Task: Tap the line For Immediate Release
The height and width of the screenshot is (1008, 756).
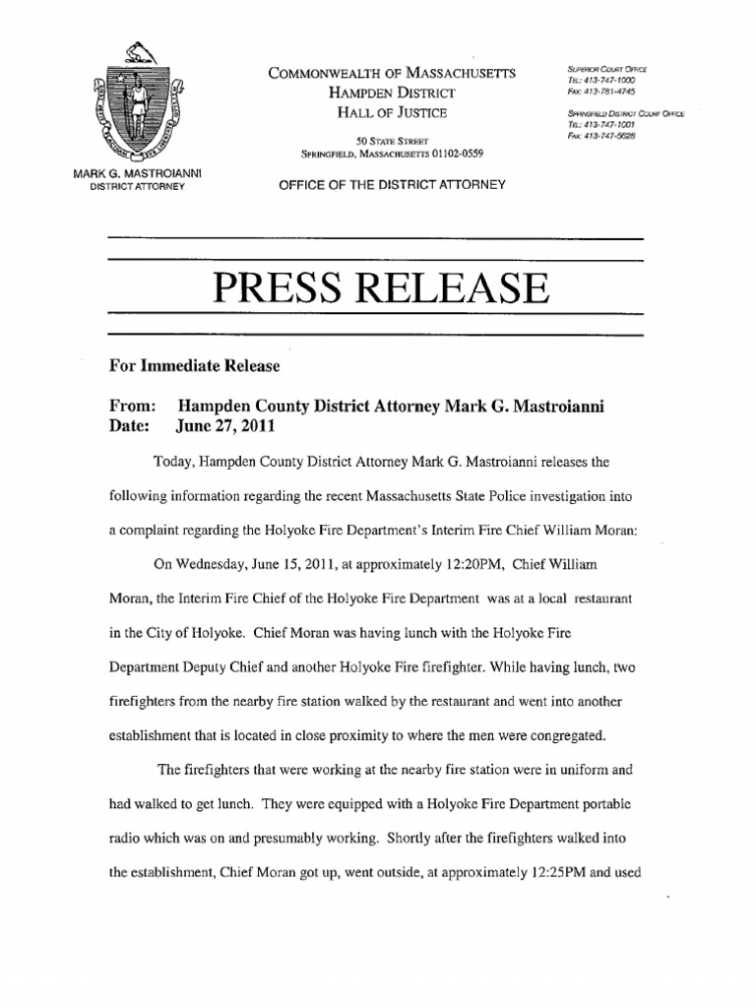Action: (x=194, y=366)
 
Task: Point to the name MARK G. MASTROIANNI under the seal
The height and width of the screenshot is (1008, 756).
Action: (x=137, y=174)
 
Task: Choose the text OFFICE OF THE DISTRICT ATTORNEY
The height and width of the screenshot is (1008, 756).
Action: (x=391, y=184)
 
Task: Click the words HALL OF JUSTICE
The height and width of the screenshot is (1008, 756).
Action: (x=391, y=113)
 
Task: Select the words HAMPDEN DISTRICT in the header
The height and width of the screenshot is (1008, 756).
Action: (x=391, y=94)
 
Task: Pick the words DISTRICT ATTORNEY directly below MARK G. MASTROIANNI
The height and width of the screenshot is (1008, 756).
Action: (x=137, y=186)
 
